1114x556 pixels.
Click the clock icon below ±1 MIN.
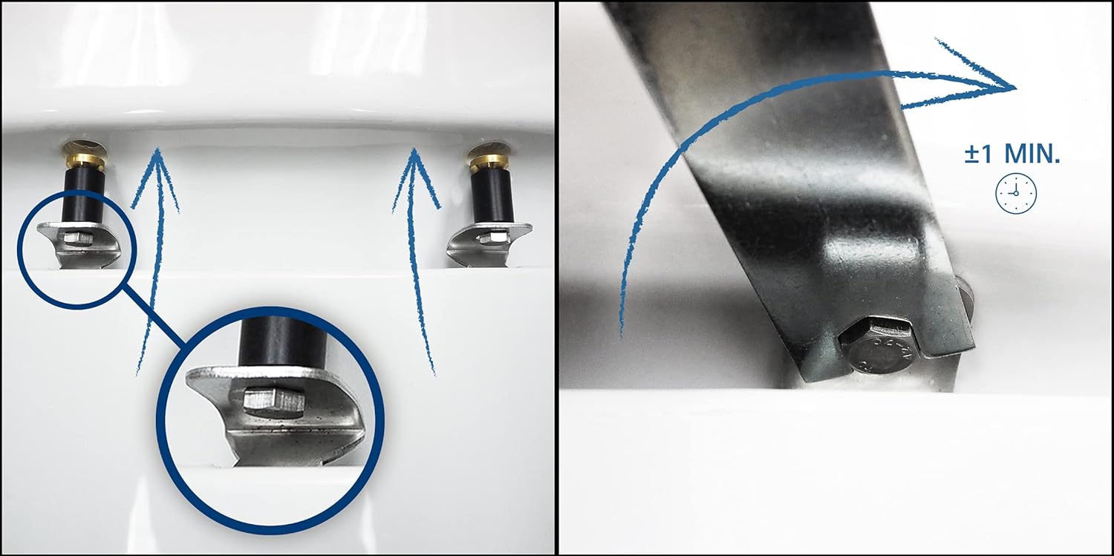(x=1016, y=193)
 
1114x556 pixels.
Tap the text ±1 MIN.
(x=1012, y=154)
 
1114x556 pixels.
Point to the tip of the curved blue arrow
(x=1014, y=88)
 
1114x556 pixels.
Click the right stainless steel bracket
(x=490, y=246)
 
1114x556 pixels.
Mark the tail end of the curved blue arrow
(x=622, y=338)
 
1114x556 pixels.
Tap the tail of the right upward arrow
(x=434, y=373)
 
